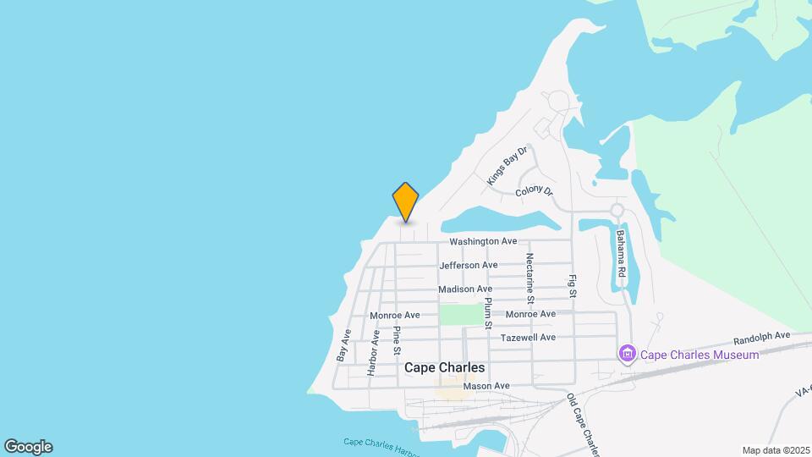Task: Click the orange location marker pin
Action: (x=406, y=201)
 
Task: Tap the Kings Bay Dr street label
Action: (x=507, y=166)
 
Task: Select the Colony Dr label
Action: (x=534, y=192)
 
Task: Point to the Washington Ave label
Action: (x=483, y=241)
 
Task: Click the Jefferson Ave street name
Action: (x=469, y=265)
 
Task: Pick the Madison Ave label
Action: (x=465, y=289)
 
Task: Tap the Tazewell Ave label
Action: (x=528, y=337)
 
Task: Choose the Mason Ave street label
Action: (x=486, y=386)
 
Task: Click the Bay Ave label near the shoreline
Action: (x=344, y=345)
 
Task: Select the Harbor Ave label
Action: (x=373, y=352)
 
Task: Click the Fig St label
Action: (x=573, y=285)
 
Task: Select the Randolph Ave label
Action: (x=761, y=335)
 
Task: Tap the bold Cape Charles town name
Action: (x=445, y=367)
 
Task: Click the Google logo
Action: (x=28, y=446)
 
